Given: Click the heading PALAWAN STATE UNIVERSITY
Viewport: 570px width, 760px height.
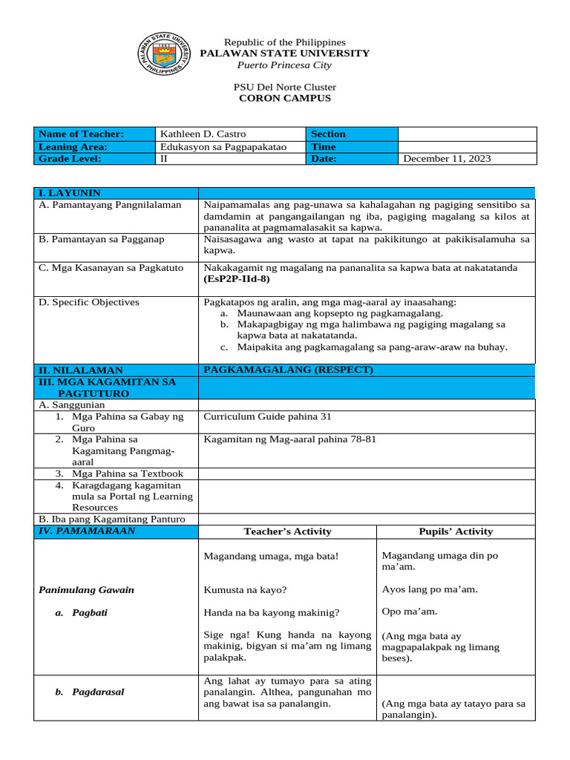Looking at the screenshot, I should click(286, 53).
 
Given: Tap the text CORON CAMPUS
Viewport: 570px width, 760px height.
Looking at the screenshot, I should click(285, 98).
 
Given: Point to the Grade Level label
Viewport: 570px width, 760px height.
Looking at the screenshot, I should click(70, 159).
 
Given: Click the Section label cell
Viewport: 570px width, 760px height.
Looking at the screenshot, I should click(328, 134).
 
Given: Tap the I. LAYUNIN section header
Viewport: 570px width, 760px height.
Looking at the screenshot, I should click(70, 193).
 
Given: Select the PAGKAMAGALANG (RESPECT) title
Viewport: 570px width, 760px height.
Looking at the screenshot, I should click(289, 370).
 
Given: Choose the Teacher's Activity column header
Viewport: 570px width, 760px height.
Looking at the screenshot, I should click(287, 531).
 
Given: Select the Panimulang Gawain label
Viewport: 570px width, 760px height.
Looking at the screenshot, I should click(86, 590).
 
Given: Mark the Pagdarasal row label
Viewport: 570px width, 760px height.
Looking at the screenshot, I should click(98, 692).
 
